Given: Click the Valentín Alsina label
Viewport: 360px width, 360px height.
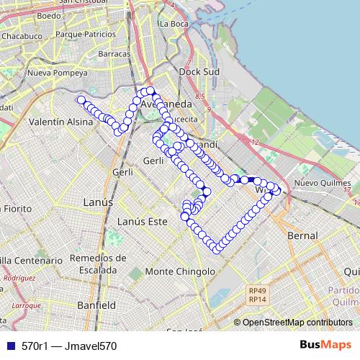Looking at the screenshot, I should coord(61,122).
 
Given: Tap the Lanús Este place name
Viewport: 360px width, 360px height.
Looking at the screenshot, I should coord(142,221).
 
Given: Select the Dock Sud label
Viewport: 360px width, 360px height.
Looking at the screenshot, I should coord(198,72).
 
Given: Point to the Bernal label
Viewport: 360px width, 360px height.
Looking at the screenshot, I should coord(302,235).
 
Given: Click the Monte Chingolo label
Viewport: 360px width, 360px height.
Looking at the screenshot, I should coord(180,271).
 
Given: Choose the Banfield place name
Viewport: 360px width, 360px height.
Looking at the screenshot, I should coord(96,305).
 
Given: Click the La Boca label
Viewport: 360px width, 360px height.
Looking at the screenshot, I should coord(174,24).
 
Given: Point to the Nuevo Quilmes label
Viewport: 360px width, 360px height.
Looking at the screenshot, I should coord(318,183).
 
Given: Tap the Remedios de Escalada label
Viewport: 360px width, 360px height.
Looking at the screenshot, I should coord(99,264).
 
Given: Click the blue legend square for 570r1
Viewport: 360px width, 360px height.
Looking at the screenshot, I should coord(8,346).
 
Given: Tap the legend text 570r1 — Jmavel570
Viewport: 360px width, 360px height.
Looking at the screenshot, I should coord(69,346).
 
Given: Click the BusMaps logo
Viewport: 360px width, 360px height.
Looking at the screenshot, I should coord(325,345).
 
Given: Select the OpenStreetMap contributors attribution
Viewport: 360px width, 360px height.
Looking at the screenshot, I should coord(297,323).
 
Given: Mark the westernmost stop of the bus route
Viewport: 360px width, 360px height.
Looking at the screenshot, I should coord(81,100).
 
